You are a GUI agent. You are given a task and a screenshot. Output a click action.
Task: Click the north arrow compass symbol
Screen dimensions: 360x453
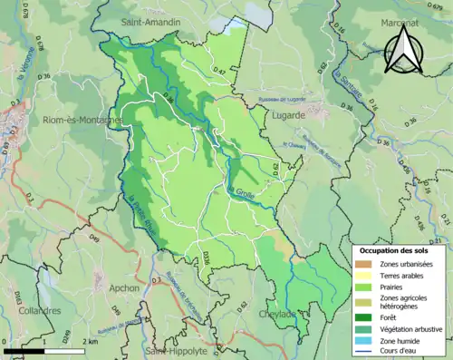(406, 49)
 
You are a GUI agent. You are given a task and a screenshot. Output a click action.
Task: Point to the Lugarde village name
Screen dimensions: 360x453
(296, 116)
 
